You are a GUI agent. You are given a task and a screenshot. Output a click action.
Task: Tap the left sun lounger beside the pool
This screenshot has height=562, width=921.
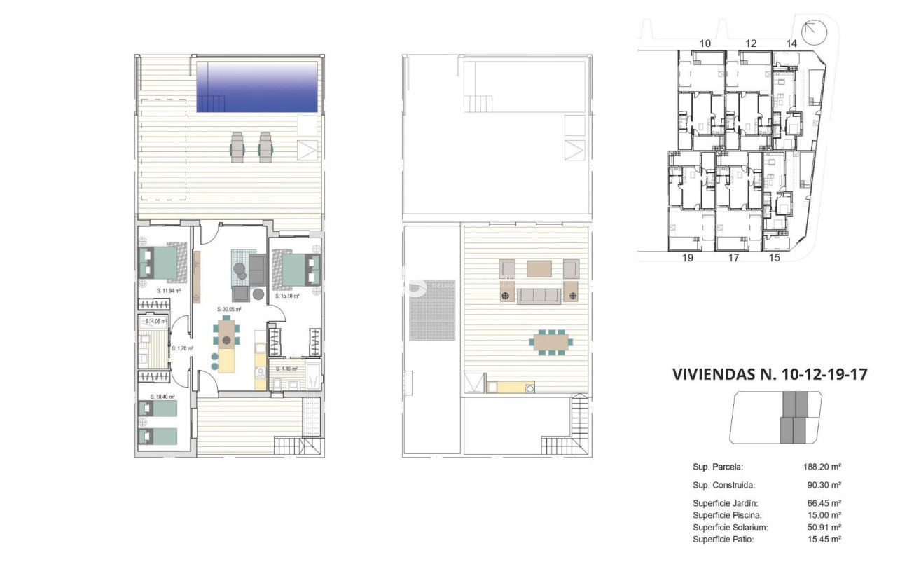pos(237,146)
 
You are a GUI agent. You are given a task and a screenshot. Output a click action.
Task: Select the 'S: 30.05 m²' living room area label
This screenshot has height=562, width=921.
pos(229,309)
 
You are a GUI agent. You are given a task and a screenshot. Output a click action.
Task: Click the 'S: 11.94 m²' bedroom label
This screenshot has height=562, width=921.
pos(169,289)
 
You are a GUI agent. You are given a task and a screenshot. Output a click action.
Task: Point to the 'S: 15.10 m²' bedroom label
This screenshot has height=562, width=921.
pos(287,296)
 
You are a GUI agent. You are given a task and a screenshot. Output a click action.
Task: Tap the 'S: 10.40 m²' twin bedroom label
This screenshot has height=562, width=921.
pos(163,397)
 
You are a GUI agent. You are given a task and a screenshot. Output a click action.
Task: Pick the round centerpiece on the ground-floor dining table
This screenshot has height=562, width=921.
pos(226,341)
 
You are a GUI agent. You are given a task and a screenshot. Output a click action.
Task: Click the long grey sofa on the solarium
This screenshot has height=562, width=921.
pos(540,295)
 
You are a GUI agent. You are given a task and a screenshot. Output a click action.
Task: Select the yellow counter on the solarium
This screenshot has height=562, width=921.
pos(510,387)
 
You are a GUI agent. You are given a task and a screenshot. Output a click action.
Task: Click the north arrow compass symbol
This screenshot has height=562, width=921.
pos(814,32)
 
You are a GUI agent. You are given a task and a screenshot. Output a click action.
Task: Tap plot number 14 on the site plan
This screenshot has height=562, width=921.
pos(792,43)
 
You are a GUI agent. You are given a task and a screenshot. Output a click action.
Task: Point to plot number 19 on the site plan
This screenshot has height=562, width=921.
pos(687,258)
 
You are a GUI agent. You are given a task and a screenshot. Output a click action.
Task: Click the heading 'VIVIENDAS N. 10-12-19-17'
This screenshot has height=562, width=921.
pos(770,374)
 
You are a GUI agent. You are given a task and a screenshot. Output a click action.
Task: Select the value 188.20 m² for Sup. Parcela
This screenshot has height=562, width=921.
pos(822,466)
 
